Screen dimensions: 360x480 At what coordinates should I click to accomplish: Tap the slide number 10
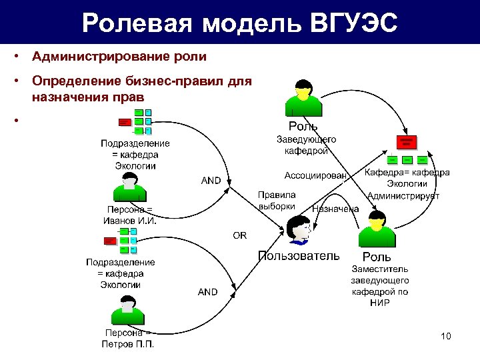pos(446,336)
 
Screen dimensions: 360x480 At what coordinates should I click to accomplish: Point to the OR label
pos(239,235)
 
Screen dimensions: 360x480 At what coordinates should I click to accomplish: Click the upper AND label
pos(211,181)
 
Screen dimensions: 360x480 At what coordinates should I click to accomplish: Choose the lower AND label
pos(207,292)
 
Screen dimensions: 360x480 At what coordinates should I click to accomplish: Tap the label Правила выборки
pos(277,200)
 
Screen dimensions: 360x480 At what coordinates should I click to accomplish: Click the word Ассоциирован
pos(316,176)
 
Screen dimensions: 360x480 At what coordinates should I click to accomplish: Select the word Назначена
pos(335,209)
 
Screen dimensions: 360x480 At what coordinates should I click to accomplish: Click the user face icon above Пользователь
pos(298,230)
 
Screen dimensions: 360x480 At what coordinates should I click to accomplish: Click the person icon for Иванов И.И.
pos(131,187)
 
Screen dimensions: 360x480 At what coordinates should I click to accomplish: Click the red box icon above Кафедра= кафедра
pos(406,142)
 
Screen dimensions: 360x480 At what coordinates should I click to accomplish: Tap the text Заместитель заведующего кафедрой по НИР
pos(379,286)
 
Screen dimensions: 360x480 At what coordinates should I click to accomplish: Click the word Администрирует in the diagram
pos(404,196)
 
